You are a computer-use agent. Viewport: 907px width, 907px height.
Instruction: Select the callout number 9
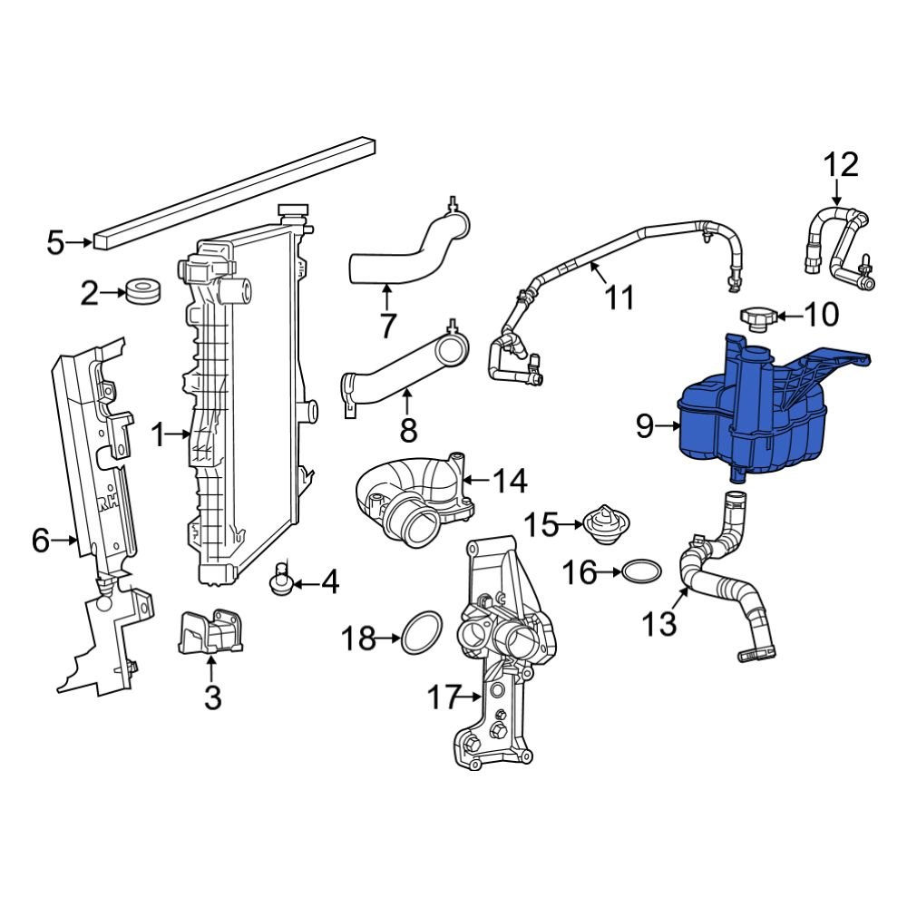coord(644,425)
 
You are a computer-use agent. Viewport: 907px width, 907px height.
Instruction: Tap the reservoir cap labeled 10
coord(756,319)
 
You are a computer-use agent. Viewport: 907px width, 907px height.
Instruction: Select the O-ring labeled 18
coord(421,631)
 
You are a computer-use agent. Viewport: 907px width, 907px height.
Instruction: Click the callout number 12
coord(840,165)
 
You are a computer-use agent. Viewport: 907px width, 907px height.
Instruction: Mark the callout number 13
coord(660,623)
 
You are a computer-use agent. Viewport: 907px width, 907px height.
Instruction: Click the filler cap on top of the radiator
coord(293,214)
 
